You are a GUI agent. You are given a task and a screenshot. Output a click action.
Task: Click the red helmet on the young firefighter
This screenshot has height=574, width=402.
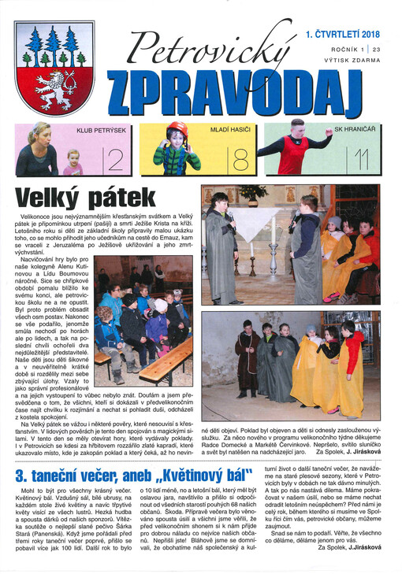click(x=178, y=128)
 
